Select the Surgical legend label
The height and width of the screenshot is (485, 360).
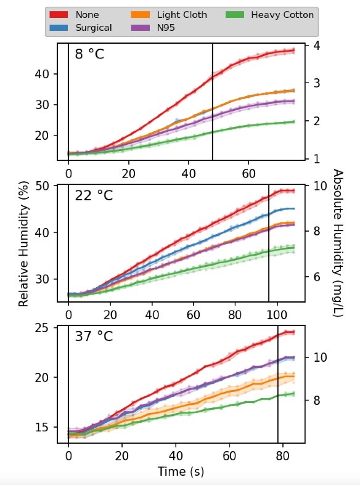pyautogui.click(x=94, y=27)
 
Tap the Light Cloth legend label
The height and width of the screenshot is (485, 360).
pyautogui.click(x=182, y=14)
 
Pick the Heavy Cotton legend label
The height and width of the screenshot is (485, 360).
pyautogui.click(x=282, y=14)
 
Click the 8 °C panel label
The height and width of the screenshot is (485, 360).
pyautogui.click(x=89, y=54)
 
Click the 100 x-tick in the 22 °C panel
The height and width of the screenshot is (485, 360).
pyautogui.click(x=277, y=312)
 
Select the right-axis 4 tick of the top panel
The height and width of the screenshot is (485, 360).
pyautogui.click(x=315, y=45)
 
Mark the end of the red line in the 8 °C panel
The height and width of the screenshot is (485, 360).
pyautogui.click(x=293, y=51)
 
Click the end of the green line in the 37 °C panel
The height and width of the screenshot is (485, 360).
pyautogui.click(x=293, y=393)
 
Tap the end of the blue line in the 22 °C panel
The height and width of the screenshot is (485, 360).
pyautogui.click(x=293, y=209)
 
